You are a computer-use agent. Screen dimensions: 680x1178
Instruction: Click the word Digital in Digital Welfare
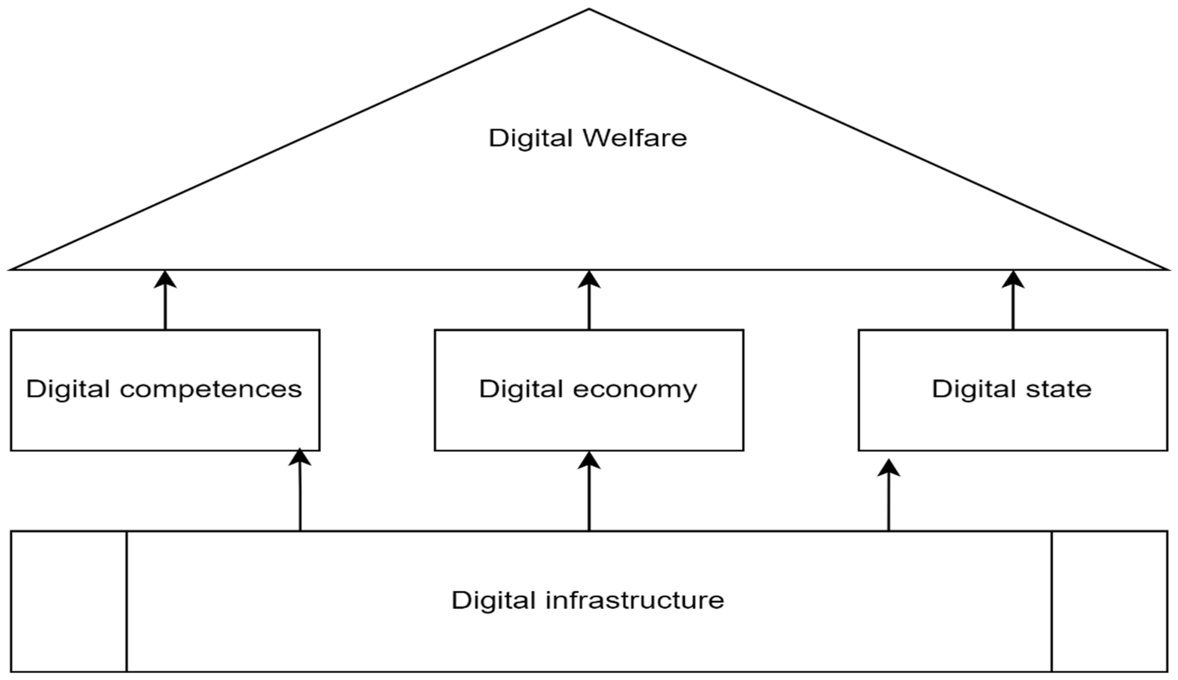(531, 138)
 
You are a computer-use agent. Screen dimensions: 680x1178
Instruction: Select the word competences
(211, 389)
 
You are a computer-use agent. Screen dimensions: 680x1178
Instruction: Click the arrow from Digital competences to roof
(165, 301)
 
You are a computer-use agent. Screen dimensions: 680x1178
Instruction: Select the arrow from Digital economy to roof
(589, 301)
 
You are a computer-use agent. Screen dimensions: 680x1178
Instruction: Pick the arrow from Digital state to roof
(1013, 301)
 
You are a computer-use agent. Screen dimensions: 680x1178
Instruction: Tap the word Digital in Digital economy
(521, 389)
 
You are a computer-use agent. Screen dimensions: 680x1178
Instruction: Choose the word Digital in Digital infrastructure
(493, 600)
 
